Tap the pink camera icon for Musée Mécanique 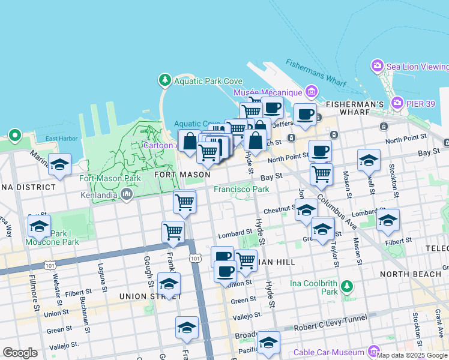[311, 92]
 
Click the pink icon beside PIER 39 [397, 104]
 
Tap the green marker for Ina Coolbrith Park [346, 286]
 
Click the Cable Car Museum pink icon [374, 352]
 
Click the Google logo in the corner [20, 353]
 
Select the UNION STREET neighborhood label [142, 296]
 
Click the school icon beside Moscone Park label [39, 227]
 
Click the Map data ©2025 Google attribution [412, 355]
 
